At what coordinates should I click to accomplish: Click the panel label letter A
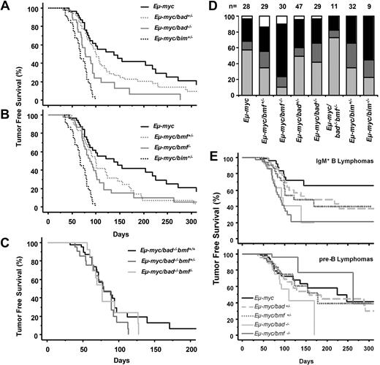click(x=6, y=7)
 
